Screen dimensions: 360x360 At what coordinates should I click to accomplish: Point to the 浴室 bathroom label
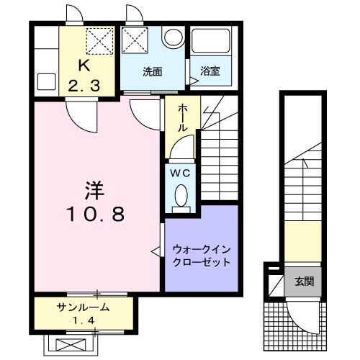click(210, 72)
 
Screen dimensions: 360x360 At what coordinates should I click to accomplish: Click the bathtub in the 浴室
click(210, 45)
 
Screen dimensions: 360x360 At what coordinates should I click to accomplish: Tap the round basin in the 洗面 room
click(172, 38)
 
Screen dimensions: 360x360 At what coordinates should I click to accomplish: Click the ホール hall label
click(183, 116)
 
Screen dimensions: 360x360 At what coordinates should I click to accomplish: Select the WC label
click(179, 173)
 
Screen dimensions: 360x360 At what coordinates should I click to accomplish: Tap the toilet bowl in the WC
click(181, 195)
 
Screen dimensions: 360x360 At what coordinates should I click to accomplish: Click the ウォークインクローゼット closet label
click(202, 256)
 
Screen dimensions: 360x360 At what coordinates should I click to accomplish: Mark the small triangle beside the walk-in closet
click(154, 251)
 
